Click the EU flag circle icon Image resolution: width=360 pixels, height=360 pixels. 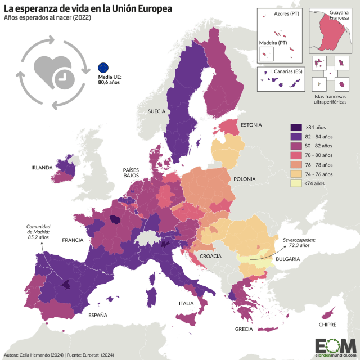point(103,67)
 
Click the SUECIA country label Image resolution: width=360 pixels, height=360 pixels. point(156,111)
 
